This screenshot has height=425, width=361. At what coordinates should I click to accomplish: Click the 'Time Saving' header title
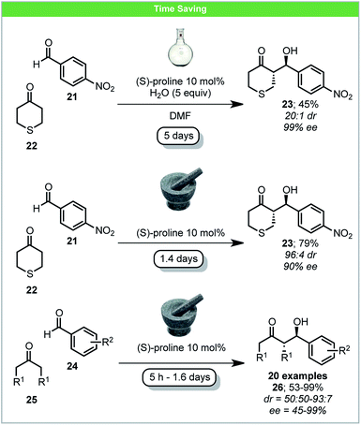tap(180, 9)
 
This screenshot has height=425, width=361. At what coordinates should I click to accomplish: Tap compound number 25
tap(39, 385)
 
